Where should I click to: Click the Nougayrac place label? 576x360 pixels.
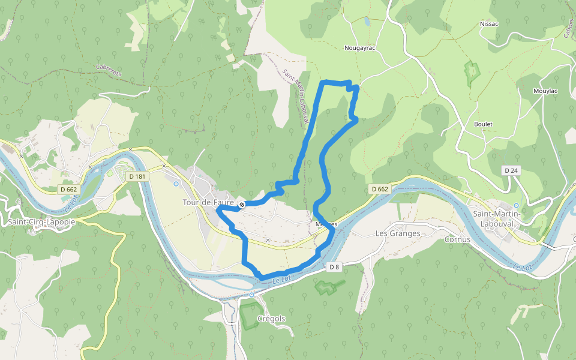coord(359,47)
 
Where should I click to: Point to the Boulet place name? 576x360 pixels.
coord(483,124)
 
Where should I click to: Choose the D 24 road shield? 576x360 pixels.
coord(511,171)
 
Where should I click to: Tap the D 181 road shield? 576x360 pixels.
coord(137,176)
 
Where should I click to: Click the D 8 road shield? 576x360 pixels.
coord(335,266)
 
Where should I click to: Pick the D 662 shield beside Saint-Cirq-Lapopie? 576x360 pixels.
coord(68,190)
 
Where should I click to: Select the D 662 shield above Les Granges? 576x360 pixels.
coord(380,189)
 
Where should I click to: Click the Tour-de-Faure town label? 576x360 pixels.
coord(208,203)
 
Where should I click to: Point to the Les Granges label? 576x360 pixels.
coord(397,233)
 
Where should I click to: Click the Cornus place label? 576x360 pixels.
coord(456,238)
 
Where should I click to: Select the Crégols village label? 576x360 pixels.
coord(271,319)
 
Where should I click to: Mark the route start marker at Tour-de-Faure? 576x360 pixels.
coord(241,205)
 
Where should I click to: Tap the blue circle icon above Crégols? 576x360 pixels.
coord(251,295)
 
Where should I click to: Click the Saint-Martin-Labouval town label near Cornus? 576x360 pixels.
coord(497,219)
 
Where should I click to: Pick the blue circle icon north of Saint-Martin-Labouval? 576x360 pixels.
coord(516,205)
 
